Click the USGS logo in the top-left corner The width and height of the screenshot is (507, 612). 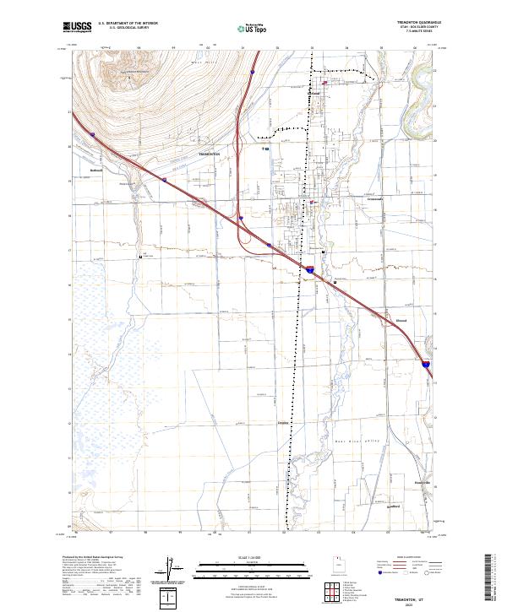point(79,27)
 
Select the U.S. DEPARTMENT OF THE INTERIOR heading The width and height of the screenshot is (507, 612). point(128,24)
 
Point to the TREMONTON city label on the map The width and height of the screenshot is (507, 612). point(209,155)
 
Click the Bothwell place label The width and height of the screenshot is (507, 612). point(95,170)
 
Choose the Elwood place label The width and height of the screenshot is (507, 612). point(401,320)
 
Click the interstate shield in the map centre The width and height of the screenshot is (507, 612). point(310,270)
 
